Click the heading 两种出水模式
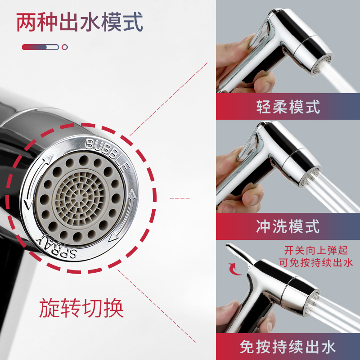tap(80, 22)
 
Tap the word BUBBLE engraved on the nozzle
tap(107, 151)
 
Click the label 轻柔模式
tap(288, 107)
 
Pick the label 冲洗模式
tap(288, 226)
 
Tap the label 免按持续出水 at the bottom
tap(288, 346)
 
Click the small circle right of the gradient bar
tap(65, 47)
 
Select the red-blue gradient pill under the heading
tap(40, 47)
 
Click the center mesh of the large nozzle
tap(79, 198)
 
